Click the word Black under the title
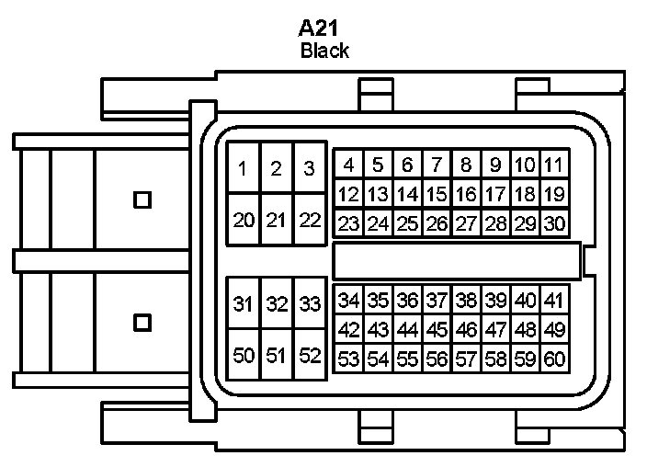tap(324, 51)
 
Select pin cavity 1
tap(243, 168)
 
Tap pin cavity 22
tap(310, 220)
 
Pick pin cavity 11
tap(552, 165)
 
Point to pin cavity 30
tap(553, 222)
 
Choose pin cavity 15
tap(437, 194)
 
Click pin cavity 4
tap(348, 165)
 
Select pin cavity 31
tap(243, 304)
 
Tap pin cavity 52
tap(310, 356)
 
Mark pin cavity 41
tap(552, 300)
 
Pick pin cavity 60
tap(553, 359)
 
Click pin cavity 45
tap(437, 329)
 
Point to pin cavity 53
tap(348, 359)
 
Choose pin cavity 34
tap(348, 300)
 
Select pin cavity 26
tap(437, 222)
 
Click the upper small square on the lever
tap(142, 199)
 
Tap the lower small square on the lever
tap(142, 322)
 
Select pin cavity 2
tap(276, 168)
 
